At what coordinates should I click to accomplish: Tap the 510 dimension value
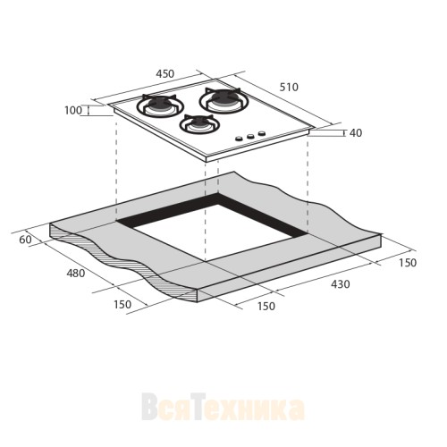click(288, 87)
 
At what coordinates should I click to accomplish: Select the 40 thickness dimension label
click(355, 133)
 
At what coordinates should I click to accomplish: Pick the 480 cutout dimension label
click(75, 273)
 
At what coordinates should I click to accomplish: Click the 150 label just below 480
click(122, 304)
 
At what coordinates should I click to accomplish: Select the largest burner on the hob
click(223, 99)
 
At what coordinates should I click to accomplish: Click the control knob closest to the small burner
click(240, 139)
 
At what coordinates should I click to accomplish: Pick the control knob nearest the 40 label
click(262, 134)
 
